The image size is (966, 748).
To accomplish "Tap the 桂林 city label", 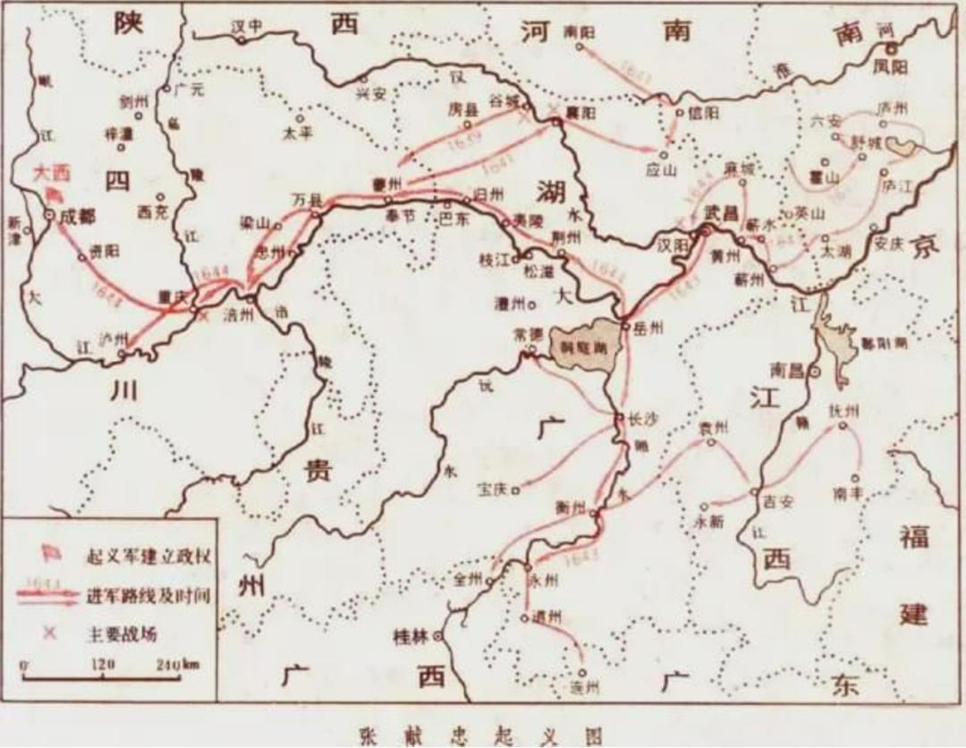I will tap(411, 637).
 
